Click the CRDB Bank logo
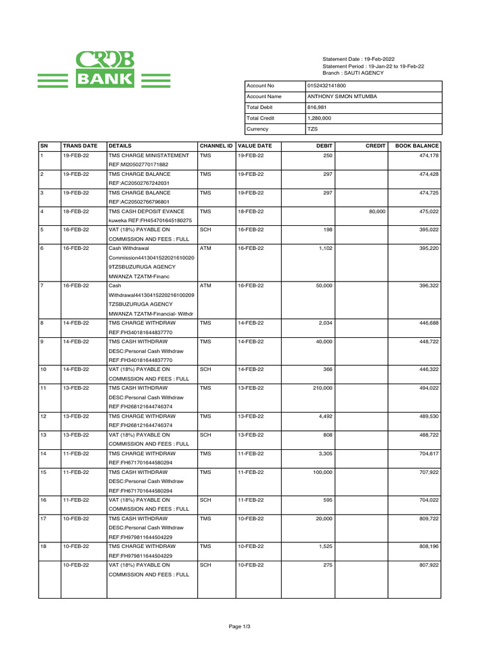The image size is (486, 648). pyautogui.click(x=104, y=70)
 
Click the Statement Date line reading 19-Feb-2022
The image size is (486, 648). pyautogui.click(x=358, y=59)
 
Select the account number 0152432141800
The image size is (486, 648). pyautogui.click(x=326, y=85)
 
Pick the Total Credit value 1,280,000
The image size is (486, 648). pyautogui.click(x=319, y=118)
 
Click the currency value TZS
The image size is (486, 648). pyautogui.click(x=312, y=129)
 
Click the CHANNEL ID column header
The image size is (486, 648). pyautogui.click(x=216, y=146)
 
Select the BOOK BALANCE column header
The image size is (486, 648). pyautogui.click(x=416, y=146)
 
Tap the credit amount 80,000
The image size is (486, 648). pyautogui.click(x=377, y=211)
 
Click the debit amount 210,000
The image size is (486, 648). pyautogui.click(x=321, y=388)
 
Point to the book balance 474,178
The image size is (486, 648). pyautogui.click(x=428, y=156)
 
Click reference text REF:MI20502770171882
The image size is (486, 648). pyautogui.click(x=139, y=165)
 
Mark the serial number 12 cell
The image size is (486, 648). pyautogui.click(x=44, y=416)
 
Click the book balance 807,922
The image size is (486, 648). pyautogui.click(x=428, y=565)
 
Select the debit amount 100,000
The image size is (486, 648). pyautogui.click(x=321, y=472)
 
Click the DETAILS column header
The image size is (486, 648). pyautogui.click(x=120, y=146)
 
